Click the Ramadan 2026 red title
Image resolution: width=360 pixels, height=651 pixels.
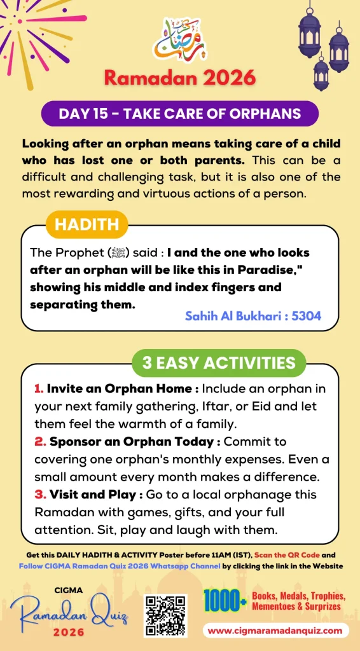click(x=179, y=78)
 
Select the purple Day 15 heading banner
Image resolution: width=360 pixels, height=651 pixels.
click(x=179, y=114)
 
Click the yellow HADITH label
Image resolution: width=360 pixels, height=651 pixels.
click(x=87, y=224)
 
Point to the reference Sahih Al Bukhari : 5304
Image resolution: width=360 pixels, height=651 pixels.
click(x=253, y=315)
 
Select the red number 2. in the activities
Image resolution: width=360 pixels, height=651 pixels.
click(x=38, y=441)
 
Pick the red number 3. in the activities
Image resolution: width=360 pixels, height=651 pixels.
click(x=38, y=494)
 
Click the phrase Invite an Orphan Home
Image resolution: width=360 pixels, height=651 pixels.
click(x=119, y=388)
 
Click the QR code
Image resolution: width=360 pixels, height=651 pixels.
click(x=165, y=615)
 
